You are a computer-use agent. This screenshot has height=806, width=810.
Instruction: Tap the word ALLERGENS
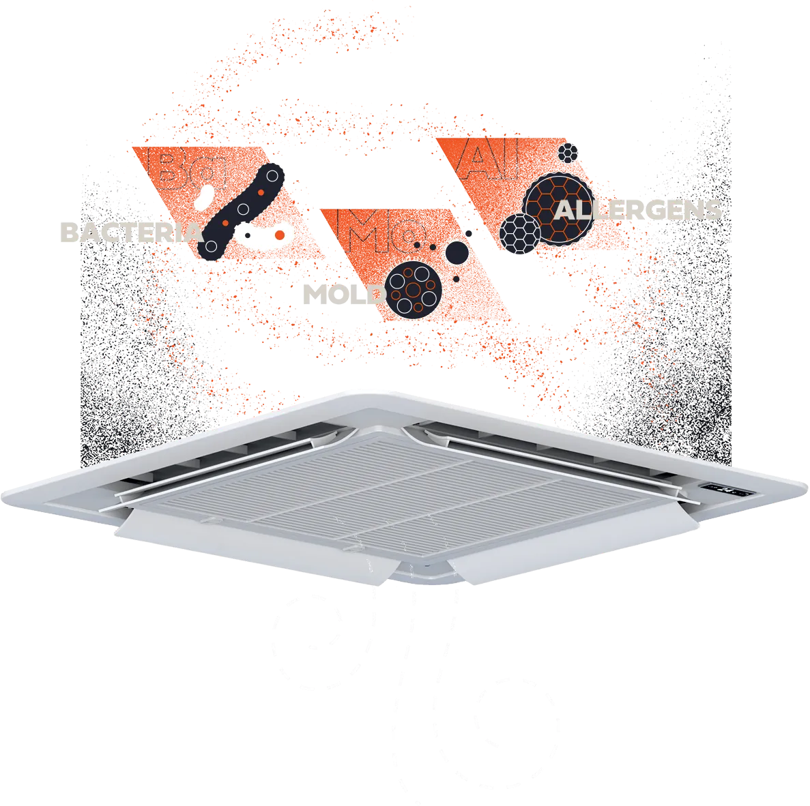tap(639, 209)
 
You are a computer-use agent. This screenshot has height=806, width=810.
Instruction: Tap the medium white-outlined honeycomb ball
tap(520, 232)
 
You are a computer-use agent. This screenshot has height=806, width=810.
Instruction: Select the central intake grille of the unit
tap(403, 491)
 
